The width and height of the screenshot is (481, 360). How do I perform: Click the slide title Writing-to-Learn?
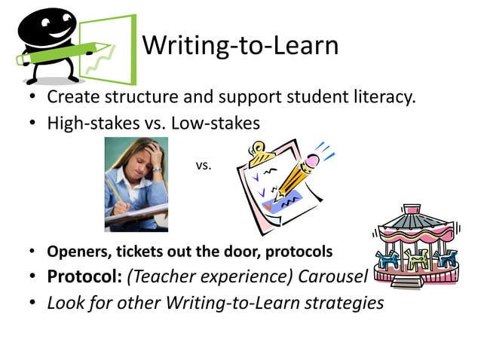point(240,46)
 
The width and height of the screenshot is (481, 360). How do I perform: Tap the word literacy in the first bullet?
point(380,98)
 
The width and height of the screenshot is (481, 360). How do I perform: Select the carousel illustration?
point(418,246)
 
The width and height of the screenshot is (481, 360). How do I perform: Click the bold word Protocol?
point(84,276)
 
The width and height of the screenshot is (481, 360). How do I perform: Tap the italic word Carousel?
point(332,276)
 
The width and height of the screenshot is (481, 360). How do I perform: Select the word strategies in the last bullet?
point(346,303)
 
